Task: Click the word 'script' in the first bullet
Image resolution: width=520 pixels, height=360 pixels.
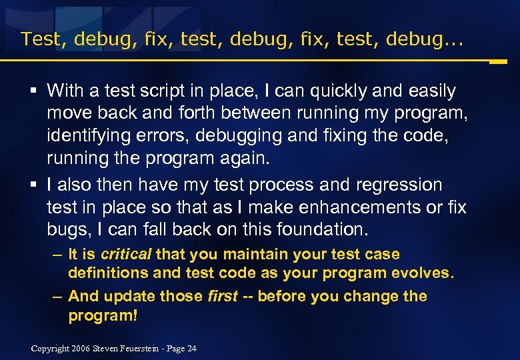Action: [153, 91]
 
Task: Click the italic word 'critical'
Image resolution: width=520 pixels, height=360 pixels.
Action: [126, 254]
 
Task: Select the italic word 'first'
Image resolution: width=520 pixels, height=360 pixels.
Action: [222, 296]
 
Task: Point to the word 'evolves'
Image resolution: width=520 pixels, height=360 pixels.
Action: [423, 273]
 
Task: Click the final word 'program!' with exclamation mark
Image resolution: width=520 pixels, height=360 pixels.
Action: [103, 315]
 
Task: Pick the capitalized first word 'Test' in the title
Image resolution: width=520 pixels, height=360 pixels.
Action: [44, 39]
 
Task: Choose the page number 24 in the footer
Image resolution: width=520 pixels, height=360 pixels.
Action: [192, 349]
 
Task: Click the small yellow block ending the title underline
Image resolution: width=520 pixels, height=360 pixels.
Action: [498, 62]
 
